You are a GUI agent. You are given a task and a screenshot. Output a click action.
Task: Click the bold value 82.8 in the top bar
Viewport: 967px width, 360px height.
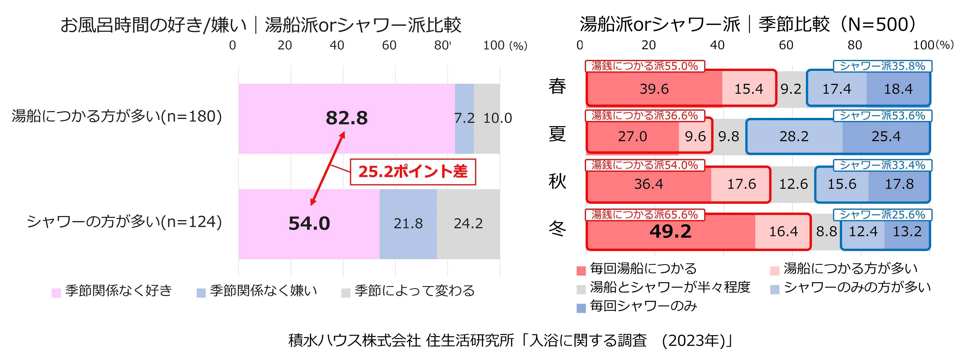(x=346, y=118)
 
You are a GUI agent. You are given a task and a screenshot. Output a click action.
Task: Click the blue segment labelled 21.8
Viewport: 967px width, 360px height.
(x=408, y=224)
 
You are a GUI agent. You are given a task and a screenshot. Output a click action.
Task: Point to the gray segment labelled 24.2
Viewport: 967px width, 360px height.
(x=468, y=224)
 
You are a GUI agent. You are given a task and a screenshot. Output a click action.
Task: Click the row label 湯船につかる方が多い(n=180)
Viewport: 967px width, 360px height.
(x=117, y=116)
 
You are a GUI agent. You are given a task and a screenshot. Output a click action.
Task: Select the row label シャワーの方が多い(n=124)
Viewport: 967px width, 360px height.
(x=124, y=222)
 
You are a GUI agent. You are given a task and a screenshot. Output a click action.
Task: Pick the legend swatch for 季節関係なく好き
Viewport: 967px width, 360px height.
(x=56, y=293)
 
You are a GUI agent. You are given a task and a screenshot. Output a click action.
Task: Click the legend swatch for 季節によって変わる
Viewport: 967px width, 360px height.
(x=346, y=293)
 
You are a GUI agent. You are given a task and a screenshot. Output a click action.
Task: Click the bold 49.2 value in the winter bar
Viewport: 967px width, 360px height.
(x=670, y=231)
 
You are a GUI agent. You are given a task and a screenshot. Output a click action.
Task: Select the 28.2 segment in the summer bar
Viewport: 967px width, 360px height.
(x=794, y=136)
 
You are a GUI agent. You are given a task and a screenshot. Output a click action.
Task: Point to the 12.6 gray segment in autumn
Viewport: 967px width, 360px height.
(x=793, y=184)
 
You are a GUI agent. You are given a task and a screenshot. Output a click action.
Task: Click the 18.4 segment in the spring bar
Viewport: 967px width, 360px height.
(x=898, y=89)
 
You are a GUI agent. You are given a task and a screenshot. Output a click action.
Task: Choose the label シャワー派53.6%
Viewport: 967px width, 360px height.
(x=882, y=116)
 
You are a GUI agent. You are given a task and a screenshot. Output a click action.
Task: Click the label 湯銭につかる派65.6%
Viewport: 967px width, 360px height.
(x=645, y=215)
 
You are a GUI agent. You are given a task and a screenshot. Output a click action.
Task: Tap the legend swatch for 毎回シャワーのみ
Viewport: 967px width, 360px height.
(x=581, y=308)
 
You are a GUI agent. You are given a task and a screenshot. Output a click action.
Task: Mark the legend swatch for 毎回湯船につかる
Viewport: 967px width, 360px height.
(x=581, y=271)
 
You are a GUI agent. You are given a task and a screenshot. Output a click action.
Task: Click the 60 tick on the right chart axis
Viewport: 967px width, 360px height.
(x=786, y=45)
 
